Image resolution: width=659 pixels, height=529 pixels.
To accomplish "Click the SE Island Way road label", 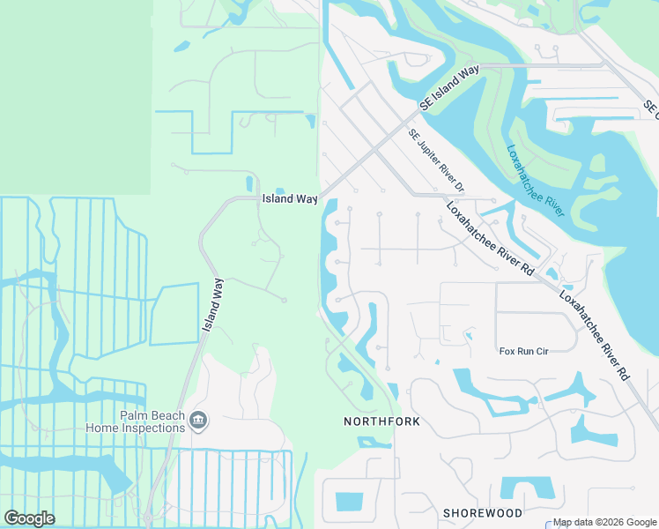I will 449,86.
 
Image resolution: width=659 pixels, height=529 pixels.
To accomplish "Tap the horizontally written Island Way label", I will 289,199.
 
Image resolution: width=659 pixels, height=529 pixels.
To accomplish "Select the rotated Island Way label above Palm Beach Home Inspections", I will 212,305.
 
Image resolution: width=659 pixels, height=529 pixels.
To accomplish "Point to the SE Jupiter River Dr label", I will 435,160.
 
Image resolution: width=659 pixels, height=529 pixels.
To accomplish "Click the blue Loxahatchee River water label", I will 536,180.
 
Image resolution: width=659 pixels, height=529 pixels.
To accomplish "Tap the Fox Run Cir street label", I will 524,351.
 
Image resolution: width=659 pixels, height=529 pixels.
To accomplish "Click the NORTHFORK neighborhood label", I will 381,422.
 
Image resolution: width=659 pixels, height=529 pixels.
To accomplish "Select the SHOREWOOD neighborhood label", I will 483,512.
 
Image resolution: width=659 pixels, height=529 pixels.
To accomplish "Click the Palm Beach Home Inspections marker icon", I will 199,421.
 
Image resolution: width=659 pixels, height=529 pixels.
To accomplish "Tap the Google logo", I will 30,518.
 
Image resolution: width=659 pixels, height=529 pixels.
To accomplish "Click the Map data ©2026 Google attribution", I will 604,522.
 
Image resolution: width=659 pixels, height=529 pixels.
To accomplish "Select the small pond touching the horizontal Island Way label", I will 280,190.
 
